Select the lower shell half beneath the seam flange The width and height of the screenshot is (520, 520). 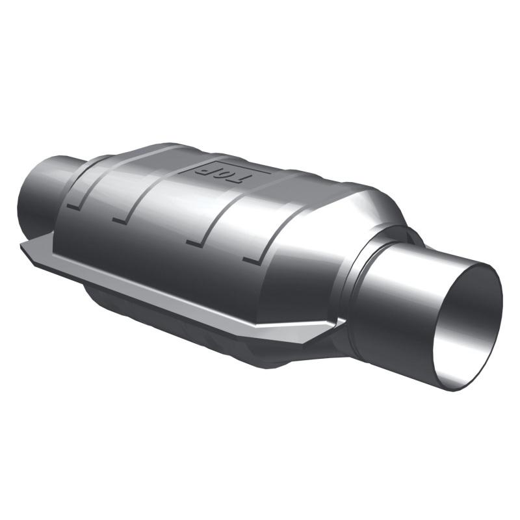click(195, 331)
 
